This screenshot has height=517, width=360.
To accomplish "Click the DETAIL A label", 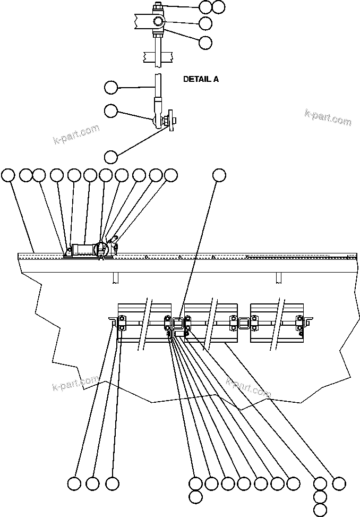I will point(201,79).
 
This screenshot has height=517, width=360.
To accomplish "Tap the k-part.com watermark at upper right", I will point(328,117).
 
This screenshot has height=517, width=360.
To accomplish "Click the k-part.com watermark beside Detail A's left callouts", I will point(76,134).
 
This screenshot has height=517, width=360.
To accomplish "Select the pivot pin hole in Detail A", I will point(159,22).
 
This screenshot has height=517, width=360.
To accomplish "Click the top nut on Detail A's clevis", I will point(158,7).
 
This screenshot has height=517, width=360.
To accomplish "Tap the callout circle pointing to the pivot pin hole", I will point(205,23).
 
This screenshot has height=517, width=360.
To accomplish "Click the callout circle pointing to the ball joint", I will point(110,111).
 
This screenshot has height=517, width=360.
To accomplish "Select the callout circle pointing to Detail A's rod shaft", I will point(110,87).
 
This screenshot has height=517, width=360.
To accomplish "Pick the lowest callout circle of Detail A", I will point(110,157).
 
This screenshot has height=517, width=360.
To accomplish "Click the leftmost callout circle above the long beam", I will point(8,175).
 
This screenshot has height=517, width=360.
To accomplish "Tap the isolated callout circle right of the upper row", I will point(219,175).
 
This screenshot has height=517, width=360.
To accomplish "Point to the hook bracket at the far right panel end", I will point(307,320).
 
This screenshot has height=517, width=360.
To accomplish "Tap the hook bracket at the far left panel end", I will point(113,320).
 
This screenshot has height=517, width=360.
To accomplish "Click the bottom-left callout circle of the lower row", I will point(74,484).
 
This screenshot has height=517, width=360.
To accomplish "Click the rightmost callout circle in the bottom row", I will point(339,484).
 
